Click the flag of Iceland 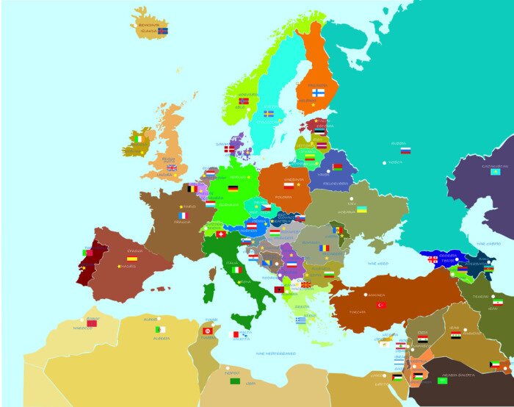coord(163,31)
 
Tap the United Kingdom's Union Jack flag coord(171,168)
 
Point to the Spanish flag coord(132,259)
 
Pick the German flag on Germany coord(233,188)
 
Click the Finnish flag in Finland coord(318,93)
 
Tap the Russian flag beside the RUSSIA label coord(405,151)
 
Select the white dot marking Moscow coord(384,162)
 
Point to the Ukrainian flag coord(362,209)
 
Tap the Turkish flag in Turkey coord(381,305)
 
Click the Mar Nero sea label coord(377,262)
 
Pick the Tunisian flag coord(208,331)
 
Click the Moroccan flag coord(92,323)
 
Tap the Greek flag coord(300,320)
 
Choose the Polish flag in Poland coord(289,186)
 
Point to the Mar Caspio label coord(488,243)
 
